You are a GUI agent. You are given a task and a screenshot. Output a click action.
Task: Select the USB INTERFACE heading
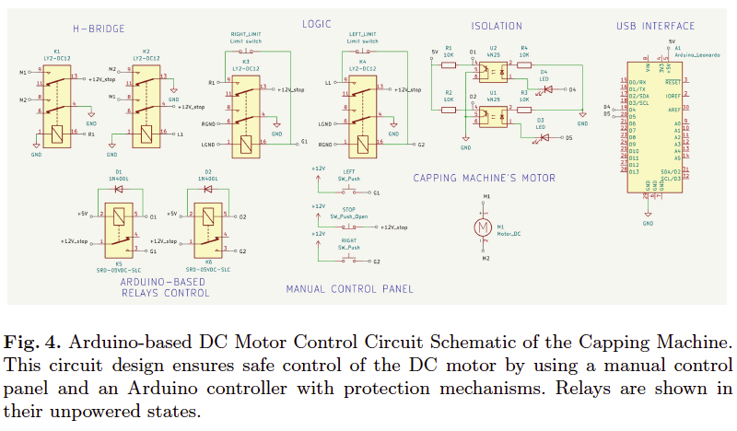[656, 26]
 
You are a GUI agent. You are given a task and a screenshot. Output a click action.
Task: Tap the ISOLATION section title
[496, 26]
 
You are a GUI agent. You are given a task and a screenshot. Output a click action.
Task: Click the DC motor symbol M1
[480, 227]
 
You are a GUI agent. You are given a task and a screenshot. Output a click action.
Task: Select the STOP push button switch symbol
[348, 226]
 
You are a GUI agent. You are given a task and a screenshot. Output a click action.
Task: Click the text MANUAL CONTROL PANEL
[349, 289]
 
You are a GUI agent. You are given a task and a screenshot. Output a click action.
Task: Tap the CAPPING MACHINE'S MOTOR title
[484, 178]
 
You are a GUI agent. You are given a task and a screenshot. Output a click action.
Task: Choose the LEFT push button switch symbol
[348, 191]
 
